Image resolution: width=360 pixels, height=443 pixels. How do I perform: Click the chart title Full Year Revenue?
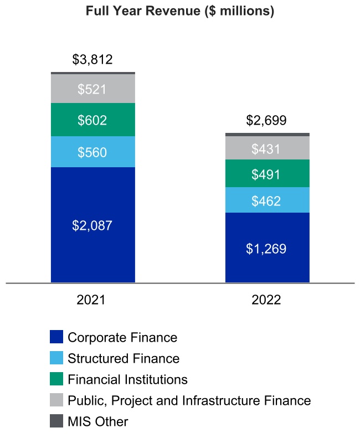180,12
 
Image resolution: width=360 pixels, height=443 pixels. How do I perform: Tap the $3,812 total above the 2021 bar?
92,59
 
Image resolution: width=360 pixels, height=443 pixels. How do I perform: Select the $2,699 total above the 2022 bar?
267,120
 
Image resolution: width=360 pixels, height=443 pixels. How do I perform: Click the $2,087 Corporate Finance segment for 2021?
92,225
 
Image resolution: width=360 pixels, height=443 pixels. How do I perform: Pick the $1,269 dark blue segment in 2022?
267,248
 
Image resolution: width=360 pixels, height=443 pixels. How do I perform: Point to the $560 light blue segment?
92,152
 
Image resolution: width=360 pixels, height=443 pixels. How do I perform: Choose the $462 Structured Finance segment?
267,200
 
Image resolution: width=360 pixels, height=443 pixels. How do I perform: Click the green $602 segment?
92,120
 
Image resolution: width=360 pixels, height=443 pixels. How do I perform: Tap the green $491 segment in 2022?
267,174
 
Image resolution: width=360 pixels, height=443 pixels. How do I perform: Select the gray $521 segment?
92,89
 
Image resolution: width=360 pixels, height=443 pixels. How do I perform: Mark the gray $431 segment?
267,148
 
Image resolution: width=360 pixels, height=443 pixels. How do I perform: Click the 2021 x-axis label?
92,300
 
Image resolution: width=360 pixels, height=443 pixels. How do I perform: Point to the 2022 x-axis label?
267,300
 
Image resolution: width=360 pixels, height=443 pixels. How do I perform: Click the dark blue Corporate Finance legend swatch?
56,337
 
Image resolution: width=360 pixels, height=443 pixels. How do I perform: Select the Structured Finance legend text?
124,358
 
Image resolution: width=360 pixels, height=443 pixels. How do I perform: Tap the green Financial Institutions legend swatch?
56,379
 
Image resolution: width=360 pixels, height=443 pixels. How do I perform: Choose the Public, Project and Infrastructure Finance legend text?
189,400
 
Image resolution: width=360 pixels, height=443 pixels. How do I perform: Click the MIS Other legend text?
98,421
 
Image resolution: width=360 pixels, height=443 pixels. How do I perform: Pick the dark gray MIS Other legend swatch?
56,421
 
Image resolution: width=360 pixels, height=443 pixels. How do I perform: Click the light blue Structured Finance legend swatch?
56,358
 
